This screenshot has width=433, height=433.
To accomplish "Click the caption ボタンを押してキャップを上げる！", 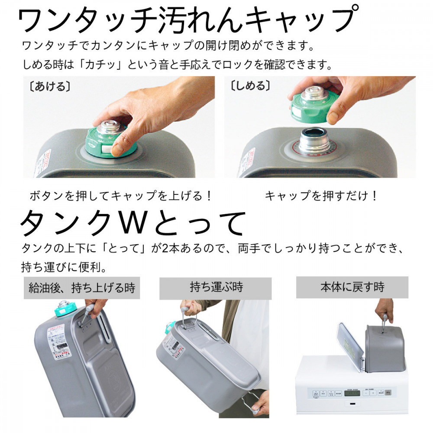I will tap(121, 196).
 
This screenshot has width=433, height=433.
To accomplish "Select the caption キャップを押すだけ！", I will tap(321, 196).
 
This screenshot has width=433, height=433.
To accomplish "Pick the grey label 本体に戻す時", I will tap(352, 287).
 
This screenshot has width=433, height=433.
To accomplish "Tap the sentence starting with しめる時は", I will tap(177, 65).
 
